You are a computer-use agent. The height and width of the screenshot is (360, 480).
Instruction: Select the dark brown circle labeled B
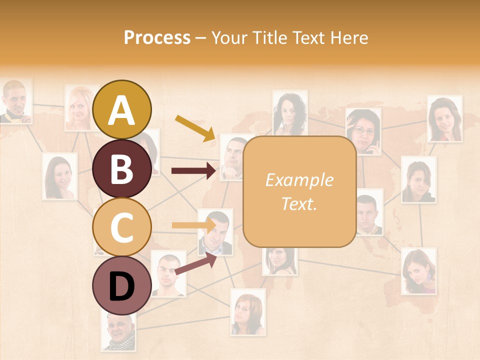point(122,169)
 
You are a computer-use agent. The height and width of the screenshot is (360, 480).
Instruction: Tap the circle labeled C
point(122,227)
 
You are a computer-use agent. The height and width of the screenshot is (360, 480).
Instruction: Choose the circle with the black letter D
point(122,286)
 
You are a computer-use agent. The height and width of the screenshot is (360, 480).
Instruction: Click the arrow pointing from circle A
point(195,127)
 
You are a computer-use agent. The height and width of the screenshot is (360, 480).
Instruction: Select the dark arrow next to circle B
point(193,171)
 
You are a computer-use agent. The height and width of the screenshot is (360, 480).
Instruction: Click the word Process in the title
point(157,37)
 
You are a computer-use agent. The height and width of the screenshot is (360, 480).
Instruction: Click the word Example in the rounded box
point(299,180)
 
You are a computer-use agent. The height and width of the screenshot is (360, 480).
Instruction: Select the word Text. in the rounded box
point(299,204)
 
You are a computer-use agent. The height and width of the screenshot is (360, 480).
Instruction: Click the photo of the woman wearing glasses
point(363,131)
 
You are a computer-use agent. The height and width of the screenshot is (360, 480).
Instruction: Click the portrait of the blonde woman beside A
point(79,108)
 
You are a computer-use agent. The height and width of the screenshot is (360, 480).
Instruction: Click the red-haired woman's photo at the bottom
point(247,312)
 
